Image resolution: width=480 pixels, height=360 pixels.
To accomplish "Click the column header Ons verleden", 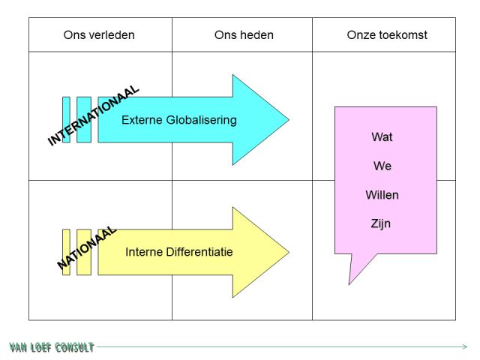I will (99, 35).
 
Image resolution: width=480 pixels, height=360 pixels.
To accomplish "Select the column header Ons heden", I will (244, 35).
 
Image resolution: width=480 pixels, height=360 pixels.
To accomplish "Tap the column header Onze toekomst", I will (387, 35).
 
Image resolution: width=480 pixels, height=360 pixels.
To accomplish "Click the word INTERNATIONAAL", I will (94, 115).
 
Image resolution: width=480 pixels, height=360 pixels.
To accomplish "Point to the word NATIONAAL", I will (87, 248).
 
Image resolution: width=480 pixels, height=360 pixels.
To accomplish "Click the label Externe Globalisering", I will (178, 120).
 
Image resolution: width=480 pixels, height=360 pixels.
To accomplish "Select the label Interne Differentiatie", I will (178, 252).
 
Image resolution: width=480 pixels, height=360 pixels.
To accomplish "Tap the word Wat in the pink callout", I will (382, 137).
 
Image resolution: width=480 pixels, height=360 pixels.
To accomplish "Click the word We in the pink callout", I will (382, 166).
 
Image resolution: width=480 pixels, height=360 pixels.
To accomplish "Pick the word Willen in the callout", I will (382, 195).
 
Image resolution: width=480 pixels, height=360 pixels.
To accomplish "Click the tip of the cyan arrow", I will (287, 120).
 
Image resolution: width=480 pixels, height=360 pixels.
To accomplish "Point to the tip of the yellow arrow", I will (287, 252).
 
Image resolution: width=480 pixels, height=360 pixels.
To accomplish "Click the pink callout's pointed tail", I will (350, 282).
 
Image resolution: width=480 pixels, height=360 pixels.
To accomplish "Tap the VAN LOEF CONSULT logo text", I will (52, 347).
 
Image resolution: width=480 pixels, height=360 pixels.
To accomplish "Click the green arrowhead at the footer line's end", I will (464, 346).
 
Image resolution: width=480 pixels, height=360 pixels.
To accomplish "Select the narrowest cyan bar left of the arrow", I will (66, 120).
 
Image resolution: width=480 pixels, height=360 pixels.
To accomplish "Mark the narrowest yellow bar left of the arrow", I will (66, 252).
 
